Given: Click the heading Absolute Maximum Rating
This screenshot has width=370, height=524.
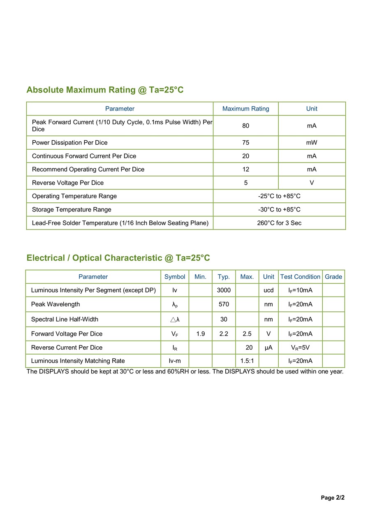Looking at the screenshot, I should pos(105,90).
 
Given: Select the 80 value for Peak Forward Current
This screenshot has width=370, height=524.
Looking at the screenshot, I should pos(246,126).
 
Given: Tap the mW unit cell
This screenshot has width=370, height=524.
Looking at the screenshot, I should pos(312,143).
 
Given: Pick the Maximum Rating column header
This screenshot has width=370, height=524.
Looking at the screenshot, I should pos(246,109).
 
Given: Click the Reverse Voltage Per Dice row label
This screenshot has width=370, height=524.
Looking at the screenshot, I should pos(68,183).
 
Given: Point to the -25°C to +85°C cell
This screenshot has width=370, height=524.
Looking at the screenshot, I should pos(279,196).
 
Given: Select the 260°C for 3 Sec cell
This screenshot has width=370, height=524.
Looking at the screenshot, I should pos(279,223).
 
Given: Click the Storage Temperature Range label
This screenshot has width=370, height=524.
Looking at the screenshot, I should pos(72,210).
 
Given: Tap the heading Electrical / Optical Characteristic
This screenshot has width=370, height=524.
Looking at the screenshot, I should pos(118,258).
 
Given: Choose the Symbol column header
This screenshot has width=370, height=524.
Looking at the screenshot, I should pos(175,277).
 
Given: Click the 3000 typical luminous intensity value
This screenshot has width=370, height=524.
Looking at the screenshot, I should pos(224,290).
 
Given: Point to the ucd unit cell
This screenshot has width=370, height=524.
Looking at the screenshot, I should pos(268,290).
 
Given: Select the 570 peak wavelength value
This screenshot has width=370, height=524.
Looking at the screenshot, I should pos(224,304).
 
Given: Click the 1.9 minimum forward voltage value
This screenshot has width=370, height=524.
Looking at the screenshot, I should pos(201,334).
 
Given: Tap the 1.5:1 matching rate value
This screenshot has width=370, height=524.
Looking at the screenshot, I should pos(247,361).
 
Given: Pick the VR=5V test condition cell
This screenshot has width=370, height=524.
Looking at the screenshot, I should pos(300,348).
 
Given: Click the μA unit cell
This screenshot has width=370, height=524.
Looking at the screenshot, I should pos(268,348).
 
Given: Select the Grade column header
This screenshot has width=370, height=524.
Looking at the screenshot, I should pos(333,277).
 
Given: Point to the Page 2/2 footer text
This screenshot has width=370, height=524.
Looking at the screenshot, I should pos(333,498).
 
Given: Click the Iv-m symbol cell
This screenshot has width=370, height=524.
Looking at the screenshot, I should pos(175,361).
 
